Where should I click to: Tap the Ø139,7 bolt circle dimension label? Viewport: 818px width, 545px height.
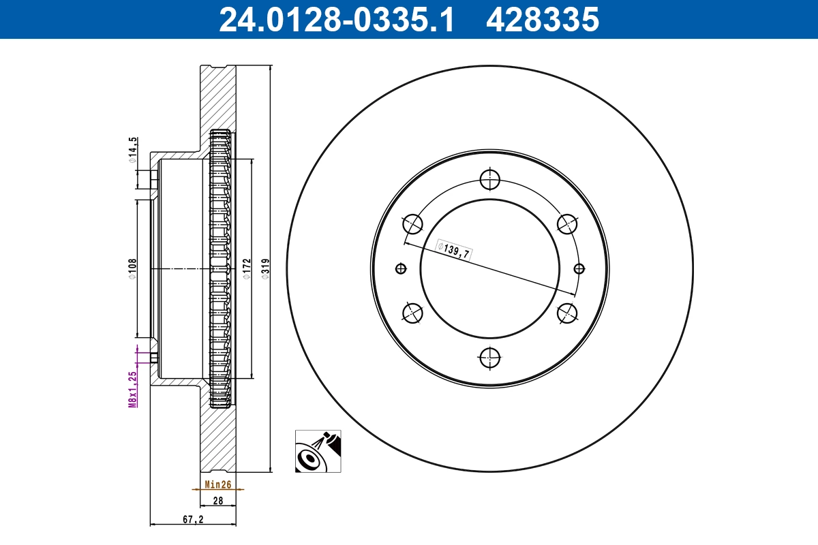pos(453,251)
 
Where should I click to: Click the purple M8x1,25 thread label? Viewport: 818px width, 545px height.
pos(134,388)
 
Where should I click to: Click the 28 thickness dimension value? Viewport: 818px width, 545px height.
pos(218,501)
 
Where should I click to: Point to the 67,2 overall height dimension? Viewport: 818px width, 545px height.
pos(193,519)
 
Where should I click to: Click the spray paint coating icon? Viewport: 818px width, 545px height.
pos(318,451)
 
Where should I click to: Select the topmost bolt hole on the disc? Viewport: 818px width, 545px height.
pos(489,180)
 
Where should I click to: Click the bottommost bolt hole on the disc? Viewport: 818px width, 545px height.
pos(489,357)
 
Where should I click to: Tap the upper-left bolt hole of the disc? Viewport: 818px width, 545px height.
pos(413,224)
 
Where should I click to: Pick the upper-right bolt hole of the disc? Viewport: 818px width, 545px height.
pos(567,224)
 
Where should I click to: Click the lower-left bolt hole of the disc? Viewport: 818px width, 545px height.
pos(413,313)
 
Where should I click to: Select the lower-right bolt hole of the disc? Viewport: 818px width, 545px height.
pos(567,313)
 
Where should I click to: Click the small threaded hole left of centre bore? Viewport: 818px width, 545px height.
pos(400,268)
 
